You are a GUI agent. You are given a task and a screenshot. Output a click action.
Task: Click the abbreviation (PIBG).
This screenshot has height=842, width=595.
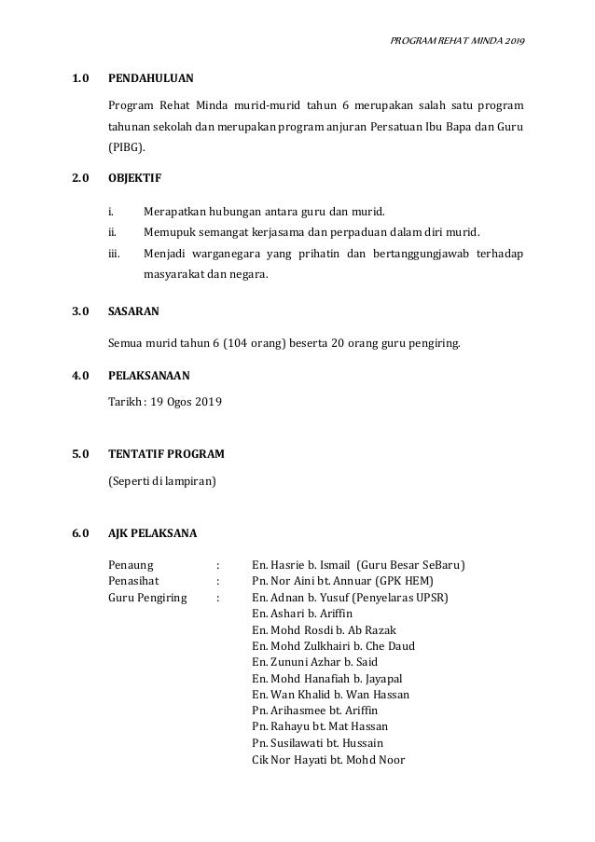coord(127,147)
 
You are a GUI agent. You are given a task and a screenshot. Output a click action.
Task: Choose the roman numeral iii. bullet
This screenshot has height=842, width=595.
coord(115,254)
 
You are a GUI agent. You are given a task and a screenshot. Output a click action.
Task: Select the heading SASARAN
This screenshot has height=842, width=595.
coord(136,316)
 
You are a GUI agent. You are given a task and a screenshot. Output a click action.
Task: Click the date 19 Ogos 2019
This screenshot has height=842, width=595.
coord(187,402)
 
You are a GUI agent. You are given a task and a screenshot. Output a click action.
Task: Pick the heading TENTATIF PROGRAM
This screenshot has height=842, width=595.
coord(166,455)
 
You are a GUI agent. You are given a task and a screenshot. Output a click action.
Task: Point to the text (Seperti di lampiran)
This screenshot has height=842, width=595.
coord(162,481)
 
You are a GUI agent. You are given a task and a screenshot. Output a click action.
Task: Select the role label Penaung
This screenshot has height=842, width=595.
coord(132,565)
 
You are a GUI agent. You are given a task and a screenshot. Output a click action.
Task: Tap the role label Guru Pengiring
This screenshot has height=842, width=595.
coord(147,597)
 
